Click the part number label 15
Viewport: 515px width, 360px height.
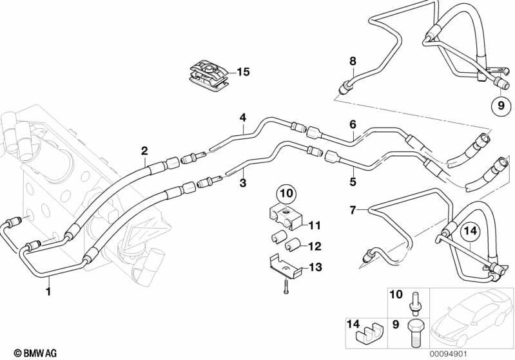243,72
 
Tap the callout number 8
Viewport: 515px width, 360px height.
353,61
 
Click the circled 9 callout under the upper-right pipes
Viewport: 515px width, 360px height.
501,106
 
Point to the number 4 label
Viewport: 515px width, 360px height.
243,117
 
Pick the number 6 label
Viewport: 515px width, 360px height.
353,124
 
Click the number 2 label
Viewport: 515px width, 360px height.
144,151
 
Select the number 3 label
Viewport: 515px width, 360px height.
243,183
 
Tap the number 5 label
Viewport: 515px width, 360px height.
353,182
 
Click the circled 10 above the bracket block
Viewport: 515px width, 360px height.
287,194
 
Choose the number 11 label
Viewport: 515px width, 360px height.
314,225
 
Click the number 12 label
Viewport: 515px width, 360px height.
315,246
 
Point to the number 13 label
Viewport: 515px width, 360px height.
315,267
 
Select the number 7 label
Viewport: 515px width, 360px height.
353,210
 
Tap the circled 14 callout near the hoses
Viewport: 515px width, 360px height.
471,231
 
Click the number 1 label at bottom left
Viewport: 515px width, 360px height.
48,290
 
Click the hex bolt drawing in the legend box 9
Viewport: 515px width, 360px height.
415,333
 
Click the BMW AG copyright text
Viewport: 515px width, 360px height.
35,353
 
